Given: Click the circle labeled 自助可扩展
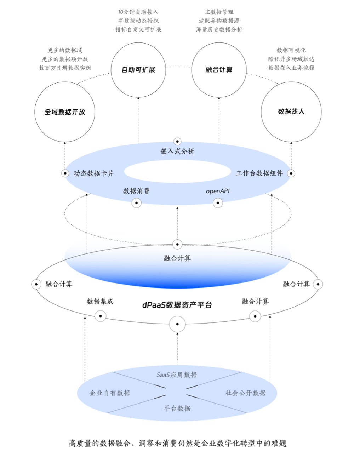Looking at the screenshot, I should click(138, 70).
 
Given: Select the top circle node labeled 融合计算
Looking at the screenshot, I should click(219, 70).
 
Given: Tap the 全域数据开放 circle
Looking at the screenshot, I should click(65, 112).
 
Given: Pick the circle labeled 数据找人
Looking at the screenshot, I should click(291, 112).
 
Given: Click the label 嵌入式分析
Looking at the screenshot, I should click(177, 151).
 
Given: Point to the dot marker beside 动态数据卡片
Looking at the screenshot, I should click(65, 173).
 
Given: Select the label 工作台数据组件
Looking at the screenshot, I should click(259, 173).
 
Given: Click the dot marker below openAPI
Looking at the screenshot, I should click(218, 203).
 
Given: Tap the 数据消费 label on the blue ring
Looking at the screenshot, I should click(136, 191).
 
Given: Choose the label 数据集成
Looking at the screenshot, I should click(100, 301).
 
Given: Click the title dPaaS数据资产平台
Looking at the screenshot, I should click(177, 305).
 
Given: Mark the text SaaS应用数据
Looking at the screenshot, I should click(177, 375).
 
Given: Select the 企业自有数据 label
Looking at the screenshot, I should click(110, 393).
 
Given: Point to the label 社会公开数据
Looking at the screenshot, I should click(245, 393).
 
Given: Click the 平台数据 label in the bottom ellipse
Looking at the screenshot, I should click(177, 409).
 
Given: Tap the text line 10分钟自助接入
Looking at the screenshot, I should click(138, 12).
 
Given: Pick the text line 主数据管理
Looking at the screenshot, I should click(219, 12).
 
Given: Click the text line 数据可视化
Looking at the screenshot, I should click(291, 50).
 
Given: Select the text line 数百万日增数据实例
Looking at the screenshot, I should click(65, 68).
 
